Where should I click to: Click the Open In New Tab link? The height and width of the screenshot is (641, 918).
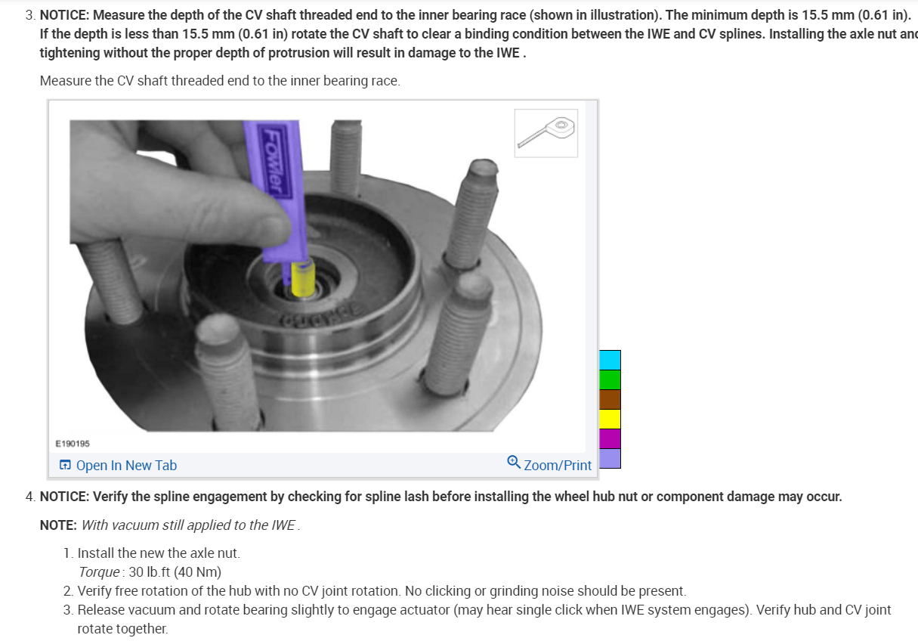[x=126, y=466]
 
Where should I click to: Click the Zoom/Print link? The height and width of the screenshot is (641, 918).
[x=558, y=466]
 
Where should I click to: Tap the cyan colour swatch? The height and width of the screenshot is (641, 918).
[x=610, y=360]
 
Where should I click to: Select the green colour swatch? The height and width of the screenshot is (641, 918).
[x=610, y=379]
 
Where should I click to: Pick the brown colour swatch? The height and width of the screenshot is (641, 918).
[x=610, y=399]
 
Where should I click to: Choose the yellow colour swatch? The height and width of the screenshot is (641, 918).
[x=610, y=419]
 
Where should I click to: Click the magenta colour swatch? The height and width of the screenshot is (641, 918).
[x=610, y=438]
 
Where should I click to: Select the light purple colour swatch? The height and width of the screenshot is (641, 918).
[x=610, y=458]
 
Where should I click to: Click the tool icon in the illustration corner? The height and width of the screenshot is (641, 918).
[x=546, y=133]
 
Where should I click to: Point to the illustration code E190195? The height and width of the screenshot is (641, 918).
[x=73, y=444]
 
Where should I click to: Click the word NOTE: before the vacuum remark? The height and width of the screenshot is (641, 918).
[x=58, y=525]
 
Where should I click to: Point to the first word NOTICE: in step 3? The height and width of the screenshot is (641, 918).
[x=64, y=15]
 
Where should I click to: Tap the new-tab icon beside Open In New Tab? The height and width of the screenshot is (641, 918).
[x=66, y=466]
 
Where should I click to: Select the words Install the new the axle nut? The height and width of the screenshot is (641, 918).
[x=159, y=553]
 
